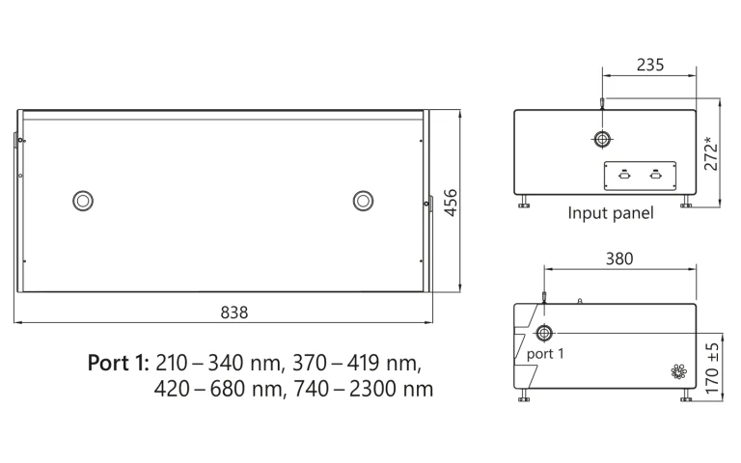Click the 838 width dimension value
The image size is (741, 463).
click(234, 313)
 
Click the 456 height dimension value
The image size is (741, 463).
click(451, 204)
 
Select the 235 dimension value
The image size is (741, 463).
click(649, 66)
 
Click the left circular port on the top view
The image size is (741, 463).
click(83, 200)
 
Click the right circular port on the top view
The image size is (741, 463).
click(363, 200)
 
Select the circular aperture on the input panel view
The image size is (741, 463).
click(602, 141)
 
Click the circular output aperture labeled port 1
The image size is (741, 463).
click(544, 334)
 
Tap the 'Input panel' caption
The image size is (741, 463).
click(611, 213)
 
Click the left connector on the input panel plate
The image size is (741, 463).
click(624, 175)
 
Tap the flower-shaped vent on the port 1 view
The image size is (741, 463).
click(677, 371)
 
